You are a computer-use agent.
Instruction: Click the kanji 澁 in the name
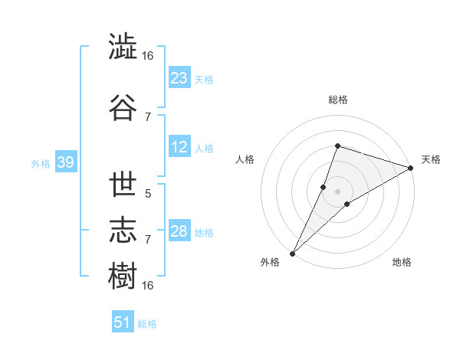tap(123, 46)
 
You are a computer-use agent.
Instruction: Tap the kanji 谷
tap(123, 107)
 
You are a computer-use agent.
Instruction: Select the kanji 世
tap(123, 184)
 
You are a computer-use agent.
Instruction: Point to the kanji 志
tap(123, 230)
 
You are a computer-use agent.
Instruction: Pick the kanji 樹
tap(123, 276)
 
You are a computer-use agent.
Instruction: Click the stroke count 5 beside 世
tap(148, 194)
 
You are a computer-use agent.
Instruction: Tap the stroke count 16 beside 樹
tap(147, 286)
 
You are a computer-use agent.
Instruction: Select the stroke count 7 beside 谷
tap(148, 117)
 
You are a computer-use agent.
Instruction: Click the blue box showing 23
tap(179, 77)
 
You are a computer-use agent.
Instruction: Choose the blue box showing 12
tap(179, 146)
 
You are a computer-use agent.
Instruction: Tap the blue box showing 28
tap(179, 230)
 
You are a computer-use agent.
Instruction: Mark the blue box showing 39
tap(66, 162)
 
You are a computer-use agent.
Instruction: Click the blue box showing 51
tap(123, 321)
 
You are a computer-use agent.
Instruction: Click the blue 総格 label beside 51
tap(147, 324)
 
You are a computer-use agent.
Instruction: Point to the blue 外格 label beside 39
tap(41, 164)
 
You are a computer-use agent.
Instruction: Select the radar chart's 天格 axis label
tap(431, 160)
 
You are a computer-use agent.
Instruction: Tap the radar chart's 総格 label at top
tap(338, 100)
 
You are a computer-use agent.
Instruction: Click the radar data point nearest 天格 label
tap(411, 168)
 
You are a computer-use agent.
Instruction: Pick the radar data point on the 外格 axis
tap(293, 254)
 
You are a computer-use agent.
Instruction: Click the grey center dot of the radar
tap(337, 192)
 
